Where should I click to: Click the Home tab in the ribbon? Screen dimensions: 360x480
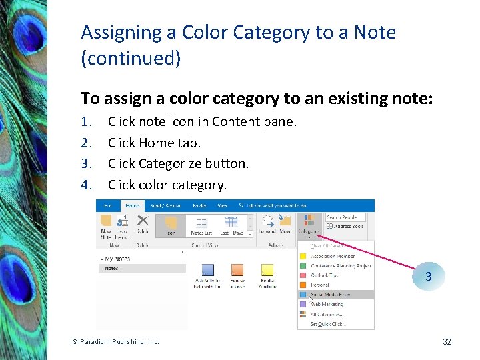pos(132,206)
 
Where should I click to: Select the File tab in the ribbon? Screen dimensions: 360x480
pos(107,206)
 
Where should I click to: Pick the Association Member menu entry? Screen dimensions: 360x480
pos(332,256)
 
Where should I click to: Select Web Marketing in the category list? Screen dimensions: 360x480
pos(327,304)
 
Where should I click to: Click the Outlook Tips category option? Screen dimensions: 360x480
pos(325,275)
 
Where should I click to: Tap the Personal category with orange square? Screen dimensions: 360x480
pos(320,285)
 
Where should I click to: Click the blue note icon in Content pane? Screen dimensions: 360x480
pos(207,270)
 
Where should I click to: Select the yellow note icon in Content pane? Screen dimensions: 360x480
pos(267,270)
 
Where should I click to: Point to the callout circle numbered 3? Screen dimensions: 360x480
pos(428,276)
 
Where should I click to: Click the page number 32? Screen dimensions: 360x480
pos(447,342)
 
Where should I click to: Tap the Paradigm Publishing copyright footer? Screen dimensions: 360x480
pos(116,342)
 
